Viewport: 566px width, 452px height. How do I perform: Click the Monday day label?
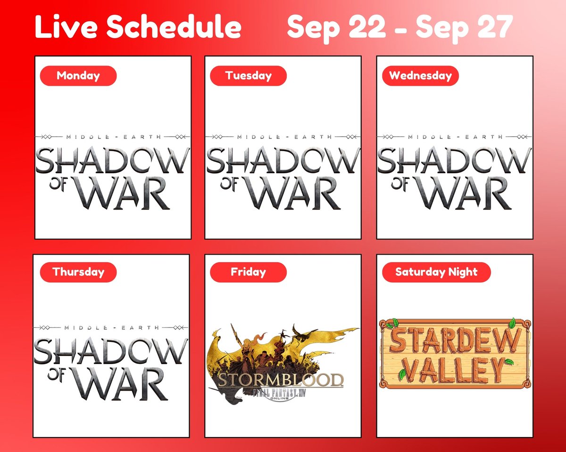pyautogui.click(x=78, y=76)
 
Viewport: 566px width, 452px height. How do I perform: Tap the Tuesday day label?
pyautogui.click(x=248, y=76)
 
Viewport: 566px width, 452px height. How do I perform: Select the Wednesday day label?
pyautogui.click(x=420, y=76)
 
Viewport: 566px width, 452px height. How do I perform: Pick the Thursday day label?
pyautogui.click(x=78, y=272)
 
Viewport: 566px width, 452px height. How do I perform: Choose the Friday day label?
pyautogui.click(x=248, y=272)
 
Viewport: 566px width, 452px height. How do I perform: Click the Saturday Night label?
pyautogui.click(x=436, y=272)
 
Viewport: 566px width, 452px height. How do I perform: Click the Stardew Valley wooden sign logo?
pyautogui.click(x=454, y=354)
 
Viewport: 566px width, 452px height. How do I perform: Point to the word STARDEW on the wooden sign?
pyautogui.click(x=455, y=339)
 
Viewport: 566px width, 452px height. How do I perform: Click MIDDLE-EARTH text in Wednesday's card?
pyautogui.click(x=455, y=137)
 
